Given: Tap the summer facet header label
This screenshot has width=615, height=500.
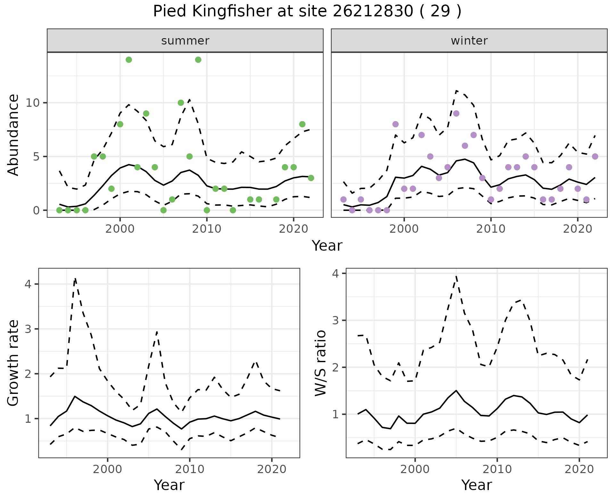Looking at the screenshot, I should (185, 41).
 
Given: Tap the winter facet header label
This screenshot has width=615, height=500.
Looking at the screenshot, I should (469, 41).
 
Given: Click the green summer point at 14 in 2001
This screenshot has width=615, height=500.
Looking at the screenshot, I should (129, 60).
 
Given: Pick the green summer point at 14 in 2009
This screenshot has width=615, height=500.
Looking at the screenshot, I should (198, 60).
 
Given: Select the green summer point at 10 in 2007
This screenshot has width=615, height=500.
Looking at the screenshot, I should (181, 103).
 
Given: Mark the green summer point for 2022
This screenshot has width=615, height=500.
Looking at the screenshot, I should (311, 178).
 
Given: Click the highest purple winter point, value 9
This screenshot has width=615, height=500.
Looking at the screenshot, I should (456, 113).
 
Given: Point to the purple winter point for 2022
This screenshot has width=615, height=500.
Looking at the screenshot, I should (595, 156).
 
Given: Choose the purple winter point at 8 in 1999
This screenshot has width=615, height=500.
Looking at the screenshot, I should (396, 124).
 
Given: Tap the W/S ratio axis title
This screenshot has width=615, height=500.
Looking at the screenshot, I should (320, 363).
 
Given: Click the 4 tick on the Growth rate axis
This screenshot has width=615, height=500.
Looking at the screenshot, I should (28, 284).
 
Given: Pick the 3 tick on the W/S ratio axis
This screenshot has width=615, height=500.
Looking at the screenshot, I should (336, 320).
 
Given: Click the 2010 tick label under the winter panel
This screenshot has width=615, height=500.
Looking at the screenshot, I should (491, 229).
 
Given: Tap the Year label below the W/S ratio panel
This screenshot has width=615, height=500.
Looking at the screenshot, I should (477, 485).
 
